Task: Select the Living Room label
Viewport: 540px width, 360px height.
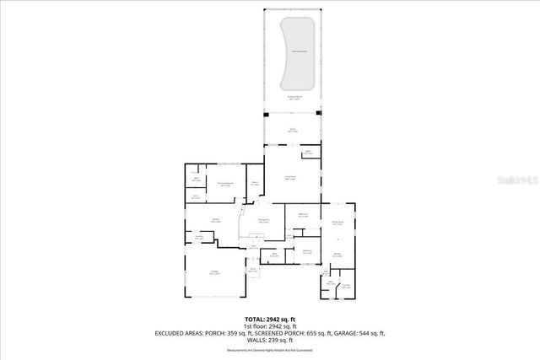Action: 290,178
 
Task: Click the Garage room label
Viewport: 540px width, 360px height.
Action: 214,273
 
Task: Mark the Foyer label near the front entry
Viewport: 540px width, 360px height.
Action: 251,248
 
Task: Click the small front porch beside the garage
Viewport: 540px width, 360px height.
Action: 252,271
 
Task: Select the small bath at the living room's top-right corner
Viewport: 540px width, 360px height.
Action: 309,153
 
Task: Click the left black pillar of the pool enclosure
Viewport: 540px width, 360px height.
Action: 266,113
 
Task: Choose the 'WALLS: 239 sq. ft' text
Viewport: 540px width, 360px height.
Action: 270,341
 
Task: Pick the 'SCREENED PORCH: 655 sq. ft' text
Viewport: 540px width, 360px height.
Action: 286,334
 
